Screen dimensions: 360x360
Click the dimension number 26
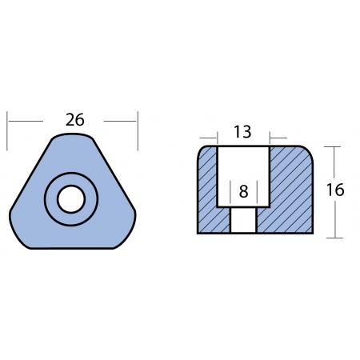pyautogui.click(x=74, y=120)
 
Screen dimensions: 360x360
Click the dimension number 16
pyautogui.click(x=336, y=190)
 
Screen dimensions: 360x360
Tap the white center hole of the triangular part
pyautogui.click(x=71, y=199)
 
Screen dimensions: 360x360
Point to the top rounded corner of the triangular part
pyautogui.click(x=74, y=140)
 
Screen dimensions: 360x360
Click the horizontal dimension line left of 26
pyautogui.click(x=28, y=121)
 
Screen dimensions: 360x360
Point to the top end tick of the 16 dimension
pyautogui.click(x=335, y=146)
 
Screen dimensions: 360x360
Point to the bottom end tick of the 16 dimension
pyautogui.click(x=335, y=235)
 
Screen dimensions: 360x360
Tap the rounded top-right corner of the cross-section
pyautogui.click(x=307, y=150)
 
